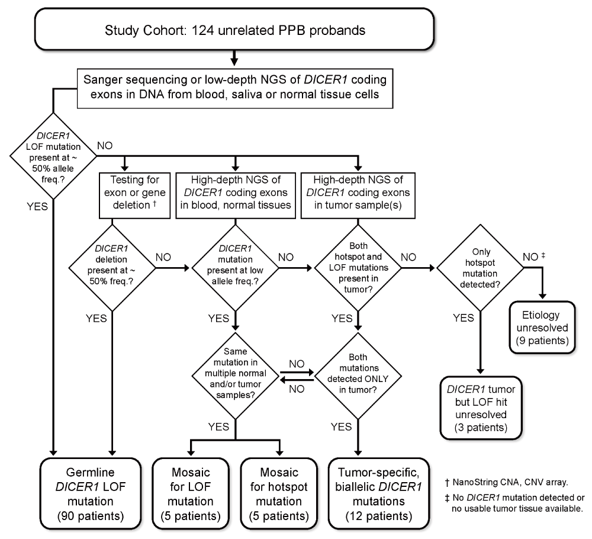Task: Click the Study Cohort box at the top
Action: click(x=234, y=29)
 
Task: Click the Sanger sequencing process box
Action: click(x=235, y=88)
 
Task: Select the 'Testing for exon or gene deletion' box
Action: click(x=135, y=195)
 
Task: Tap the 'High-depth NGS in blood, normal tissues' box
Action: click(x=236, y=195)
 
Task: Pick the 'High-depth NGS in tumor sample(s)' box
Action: click(x=358, y=195)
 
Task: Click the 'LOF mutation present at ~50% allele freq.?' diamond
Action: click(x=53, y=156)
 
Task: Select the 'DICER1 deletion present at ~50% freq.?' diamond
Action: click(x=112, y=268)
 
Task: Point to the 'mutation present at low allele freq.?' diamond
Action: click(x=235, y=268)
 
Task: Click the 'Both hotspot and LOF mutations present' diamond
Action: click(x=358, y=268)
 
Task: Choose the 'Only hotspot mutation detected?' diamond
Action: click(x=481, y=268)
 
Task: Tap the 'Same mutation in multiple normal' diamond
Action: click(x=235, y=376)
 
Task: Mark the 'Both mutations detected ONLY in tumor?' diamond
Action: click(x=358, y=376)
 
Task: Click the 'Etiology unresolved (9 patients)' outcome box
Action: click(x=542, y=328)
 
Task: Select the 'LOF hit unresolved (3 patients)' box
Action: click(x=481, y=408)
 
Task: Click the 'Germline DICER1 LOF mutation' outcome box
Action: click(x=91, y=493)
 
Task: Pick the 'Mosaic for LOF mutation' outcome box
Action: click(x=191, y=493)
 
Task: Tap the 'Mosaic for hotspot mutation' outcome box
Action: click(x=279, y=493)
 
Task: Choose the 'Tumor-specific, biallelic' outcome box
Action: click(x=379, y=493)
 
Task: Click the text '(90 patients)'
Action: click(x=91, y=515)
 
